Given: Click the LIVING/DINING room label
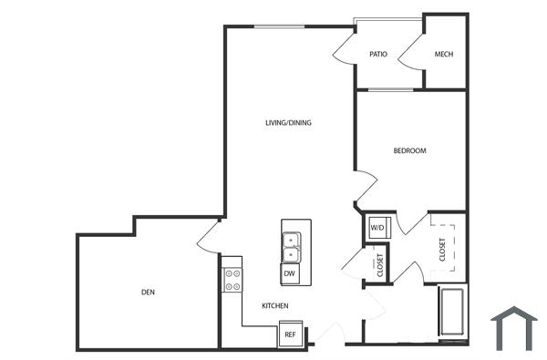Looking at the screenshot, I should point(287,122).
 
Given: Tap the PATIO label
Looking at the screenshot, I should point(378,55).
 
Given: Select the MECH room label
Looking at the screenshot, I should point(444,55).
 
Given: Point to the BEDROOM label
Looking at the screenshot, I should point(409,150).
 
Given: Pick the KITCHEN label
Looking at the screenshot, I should point(275,306).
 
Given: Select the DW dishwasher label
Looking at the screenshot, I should point(289,273).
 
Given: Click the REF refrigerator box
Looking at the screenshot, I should point(290,334).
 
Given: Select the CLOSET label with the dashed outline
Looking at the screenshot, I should point(442,248).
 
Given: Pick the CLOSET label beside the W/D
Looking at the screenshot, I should point(379,263).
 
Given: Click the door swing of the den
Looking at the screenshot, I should point(208,236).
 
